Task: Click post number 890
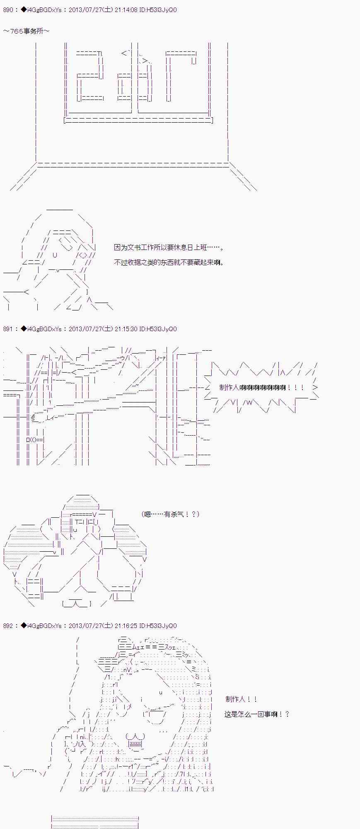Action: (8, 10)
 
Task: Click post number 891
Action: (8, 329)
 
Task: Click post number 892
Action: (8, 626)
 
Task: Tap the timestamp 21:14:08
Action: (126, 10)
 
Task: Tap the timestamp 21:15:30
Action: (126, 329)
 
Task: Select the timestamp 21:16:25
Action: (126, 626)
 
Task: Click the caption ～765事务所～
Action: (26, 31)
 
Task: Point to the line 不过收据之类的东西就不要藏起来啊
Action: (169, 262)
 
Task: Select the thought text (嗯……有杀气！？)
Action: (170, 514)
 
